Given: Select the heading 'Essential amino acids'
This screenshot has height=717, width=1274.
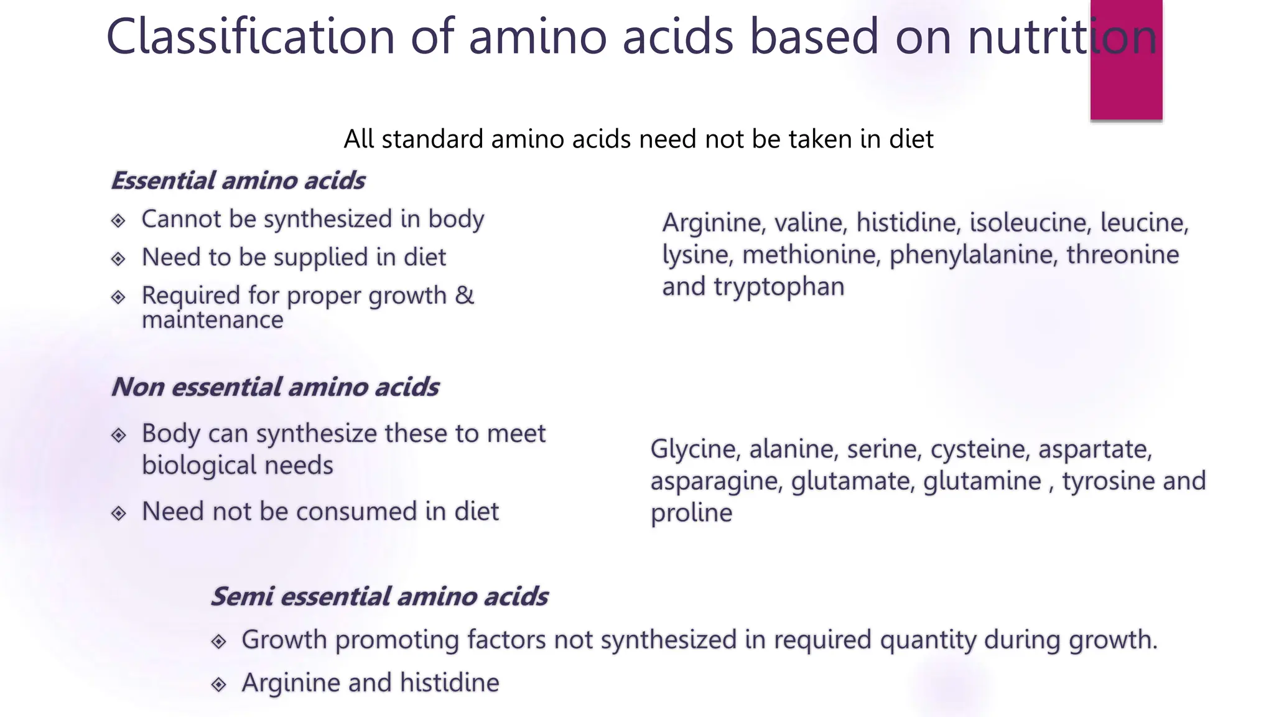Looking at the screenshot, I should click(238, 180).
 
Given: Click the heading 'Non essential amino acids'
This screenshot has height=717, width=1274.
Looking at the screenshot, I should click(275, 387).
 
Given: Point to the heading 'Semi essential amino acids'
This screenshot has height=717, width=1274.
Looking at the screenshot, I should click(379, 596).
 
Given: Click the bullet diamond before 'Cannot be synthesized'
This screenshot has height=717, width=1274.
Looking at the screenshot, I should click(118, 220).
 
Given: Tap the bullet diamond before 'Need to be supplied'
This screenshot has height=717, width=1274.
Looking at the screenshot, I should click(118, 258).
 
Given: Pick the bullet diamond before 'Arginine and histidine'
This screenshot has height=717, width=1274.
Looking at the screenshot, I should click(218, 684).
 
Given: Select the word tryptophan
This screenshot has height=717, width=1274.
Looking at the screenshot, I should click(779, 287).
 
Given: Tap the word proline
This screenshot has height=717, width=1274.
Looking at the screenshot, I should click(691, 513).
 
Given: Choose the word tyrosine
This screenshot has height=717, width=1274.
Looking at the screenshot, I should click(1100, 481).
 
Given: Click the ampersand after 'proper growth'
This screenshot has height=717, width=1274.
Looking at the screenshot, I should click(464, 295).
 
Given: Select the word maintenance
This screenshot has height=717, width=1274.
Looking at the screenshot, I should click(212, 320).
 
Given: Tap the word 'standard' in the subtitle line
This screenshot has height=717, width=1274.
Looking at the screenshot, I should click(432, 139).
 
